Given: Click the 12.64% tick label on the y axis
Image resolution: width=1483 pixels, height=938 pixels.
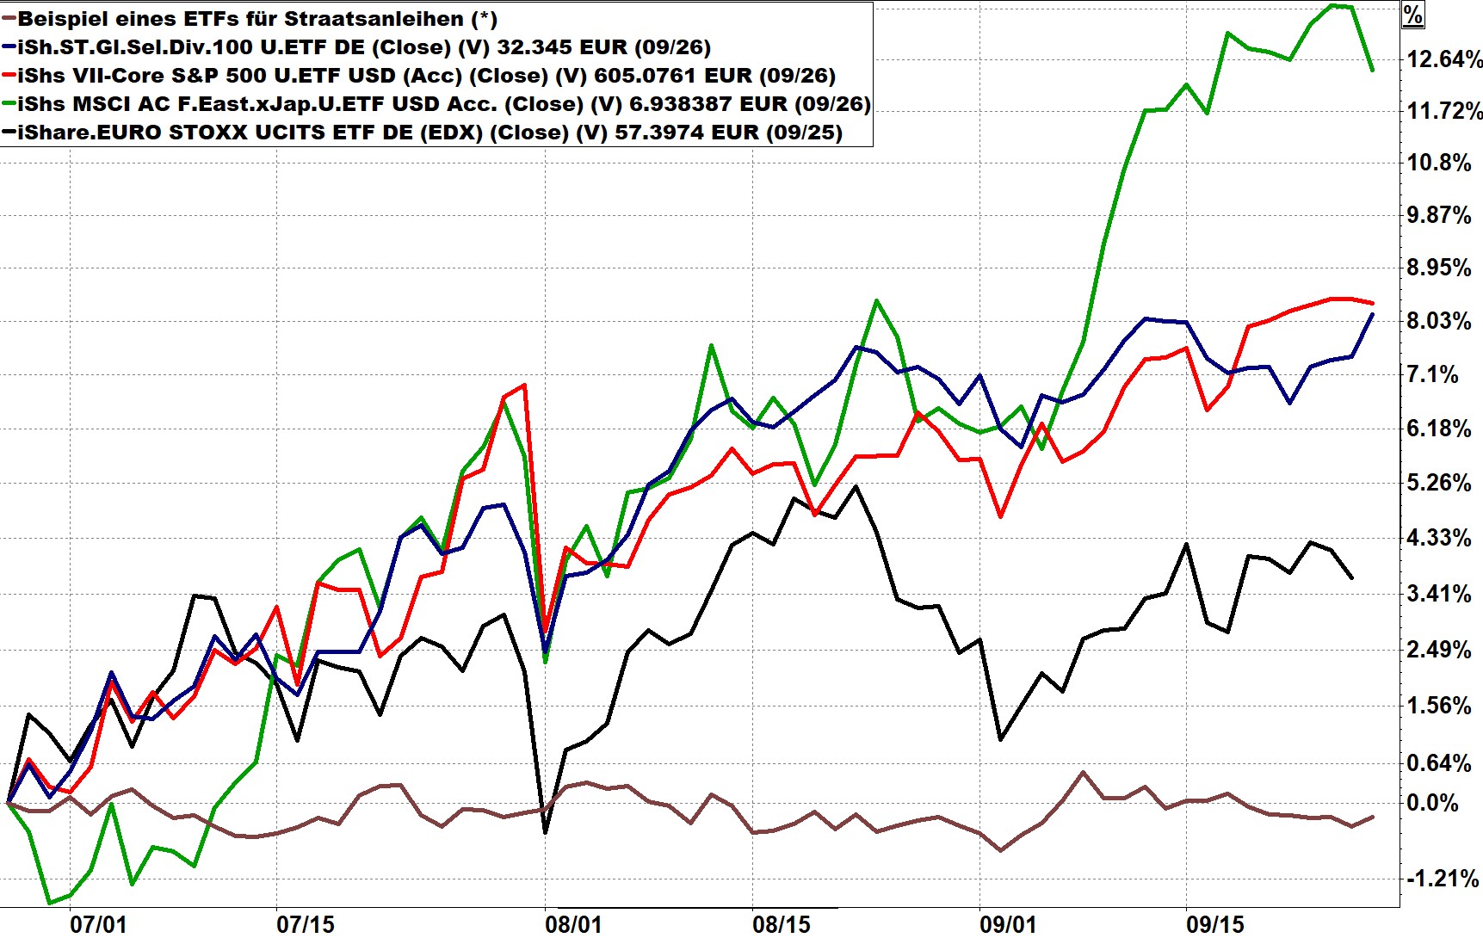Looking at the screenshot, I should [1444, 59].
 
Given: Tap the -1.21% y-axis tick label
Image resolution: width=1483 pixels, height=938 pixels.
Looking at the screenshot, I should [1442, 879].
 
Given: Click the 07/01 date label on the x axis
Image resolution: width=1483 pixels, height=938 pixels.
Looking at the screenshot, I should [97, 924].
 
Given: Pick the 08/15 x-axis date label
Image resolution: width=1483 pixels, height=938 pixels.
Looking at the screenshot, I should [781, 924].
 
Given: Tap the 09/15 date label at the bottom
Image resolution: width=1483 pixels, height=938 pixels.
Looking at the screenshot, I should [1214, 924].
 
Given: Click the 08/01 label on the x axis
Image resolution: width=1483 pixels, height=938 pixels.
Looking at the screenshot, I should [572, 924].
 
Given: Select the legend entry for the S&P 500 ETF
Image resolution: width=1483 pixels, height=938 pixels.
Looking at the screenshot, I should [426, 76].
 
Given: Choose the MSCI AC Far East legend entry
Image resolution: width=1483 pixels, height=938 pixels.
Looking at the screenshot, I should [443, 104].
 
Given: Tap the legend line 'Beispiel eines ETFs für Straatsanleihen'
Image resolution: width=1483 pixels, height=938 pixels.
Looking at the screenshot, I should [256, 19].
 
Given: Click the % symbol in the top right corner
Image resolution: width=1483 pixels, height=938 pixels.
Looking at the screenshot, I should [1412, 15].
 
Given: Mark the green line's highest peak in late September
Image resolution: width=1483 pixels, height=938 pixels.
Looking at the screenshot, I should [1332, 5].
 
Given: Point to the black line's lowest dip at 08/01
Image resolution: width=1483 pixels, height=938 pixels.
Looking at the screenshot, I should [545, 832].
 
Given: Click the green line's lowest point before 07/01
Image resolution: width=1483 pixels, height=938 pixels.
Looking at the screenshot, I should [49, 903].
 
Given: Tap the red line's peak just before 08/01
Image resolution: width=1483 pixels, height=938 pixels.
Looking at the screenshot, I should [524, 385].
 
